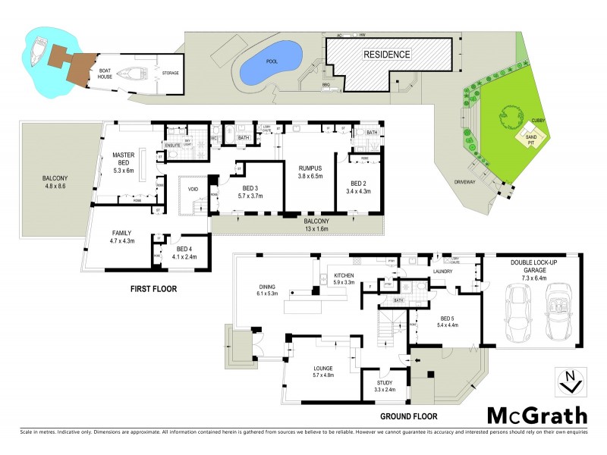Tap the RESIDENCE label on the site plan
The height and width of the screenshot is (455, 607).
[386, 55]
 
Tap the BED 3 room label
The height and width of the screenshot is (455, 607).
[249, 190]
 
